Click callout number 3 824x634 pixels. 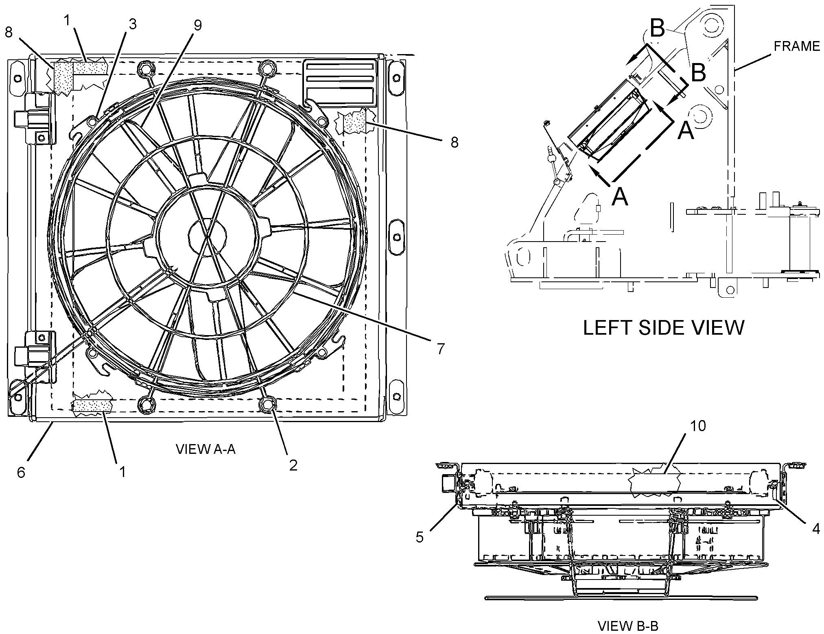click(132, 25)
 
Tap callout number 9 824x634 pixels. click(198, 25)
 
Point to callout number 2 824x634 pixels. click(293, 465)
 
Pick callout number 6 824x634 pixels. click(21, 472)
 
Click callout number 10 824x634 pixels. click(698, 426)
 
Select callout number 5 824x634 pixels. click(420, 538)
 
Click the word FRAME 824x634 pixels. click(796, 46)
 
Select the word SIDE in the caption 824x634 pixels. click(667, 327)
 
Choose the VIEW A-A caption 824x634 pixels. click(205, 449)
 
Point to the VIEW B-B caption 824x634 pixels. click(628, 625)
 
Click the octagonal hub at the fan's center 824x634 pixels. click(208, 235)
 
